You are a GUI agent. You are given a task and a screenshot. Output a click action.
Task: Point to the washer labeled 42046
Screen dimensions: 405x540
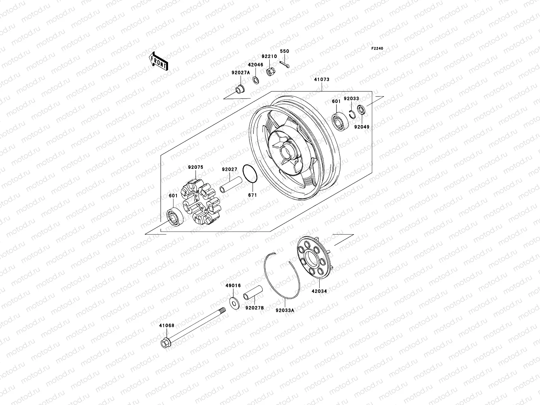point(256,80)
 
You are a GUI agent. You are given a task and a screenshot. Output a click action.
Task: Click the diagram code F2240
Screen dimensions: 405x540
point(377,49)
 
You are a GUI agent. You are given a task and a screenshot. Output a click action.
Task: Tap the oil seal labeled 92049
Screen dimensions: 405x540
point(360,110)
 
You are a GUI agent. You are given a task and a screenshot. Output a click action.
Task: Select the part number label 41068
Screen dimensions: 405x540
point(166,325)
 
